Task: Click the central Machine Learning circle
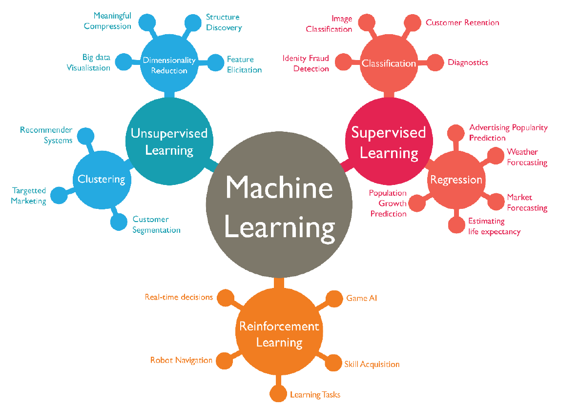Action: pos(279,207)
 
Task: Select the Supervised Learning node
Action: pos(389,142)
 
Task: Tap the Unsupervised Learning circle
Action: pos(169,141)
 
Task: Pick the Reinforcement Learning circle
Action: pos(279,334)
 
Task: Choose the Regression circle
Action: pos(456,180)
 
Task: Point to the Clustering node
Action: pos(101,179)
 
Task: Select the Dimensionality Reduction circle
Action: pos(169,65)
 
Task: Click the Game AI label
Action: pos(361,298)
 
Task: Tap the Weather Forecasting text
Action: pos(527,157)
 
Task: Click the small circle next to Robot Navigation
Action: pos(223,360)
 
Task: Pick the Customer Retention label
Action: pos(462,22)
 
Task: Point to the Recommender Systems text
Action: pos(46,135)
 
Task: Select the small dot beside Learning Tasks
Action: pos(278,393)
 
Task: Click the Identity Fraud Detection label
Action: pos(306,63)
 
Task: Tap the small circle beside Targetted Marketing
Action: pos(58,195)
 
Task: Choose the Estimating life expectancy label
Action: pos(494,226)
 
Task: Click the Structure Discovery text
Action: pos(224,22)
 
